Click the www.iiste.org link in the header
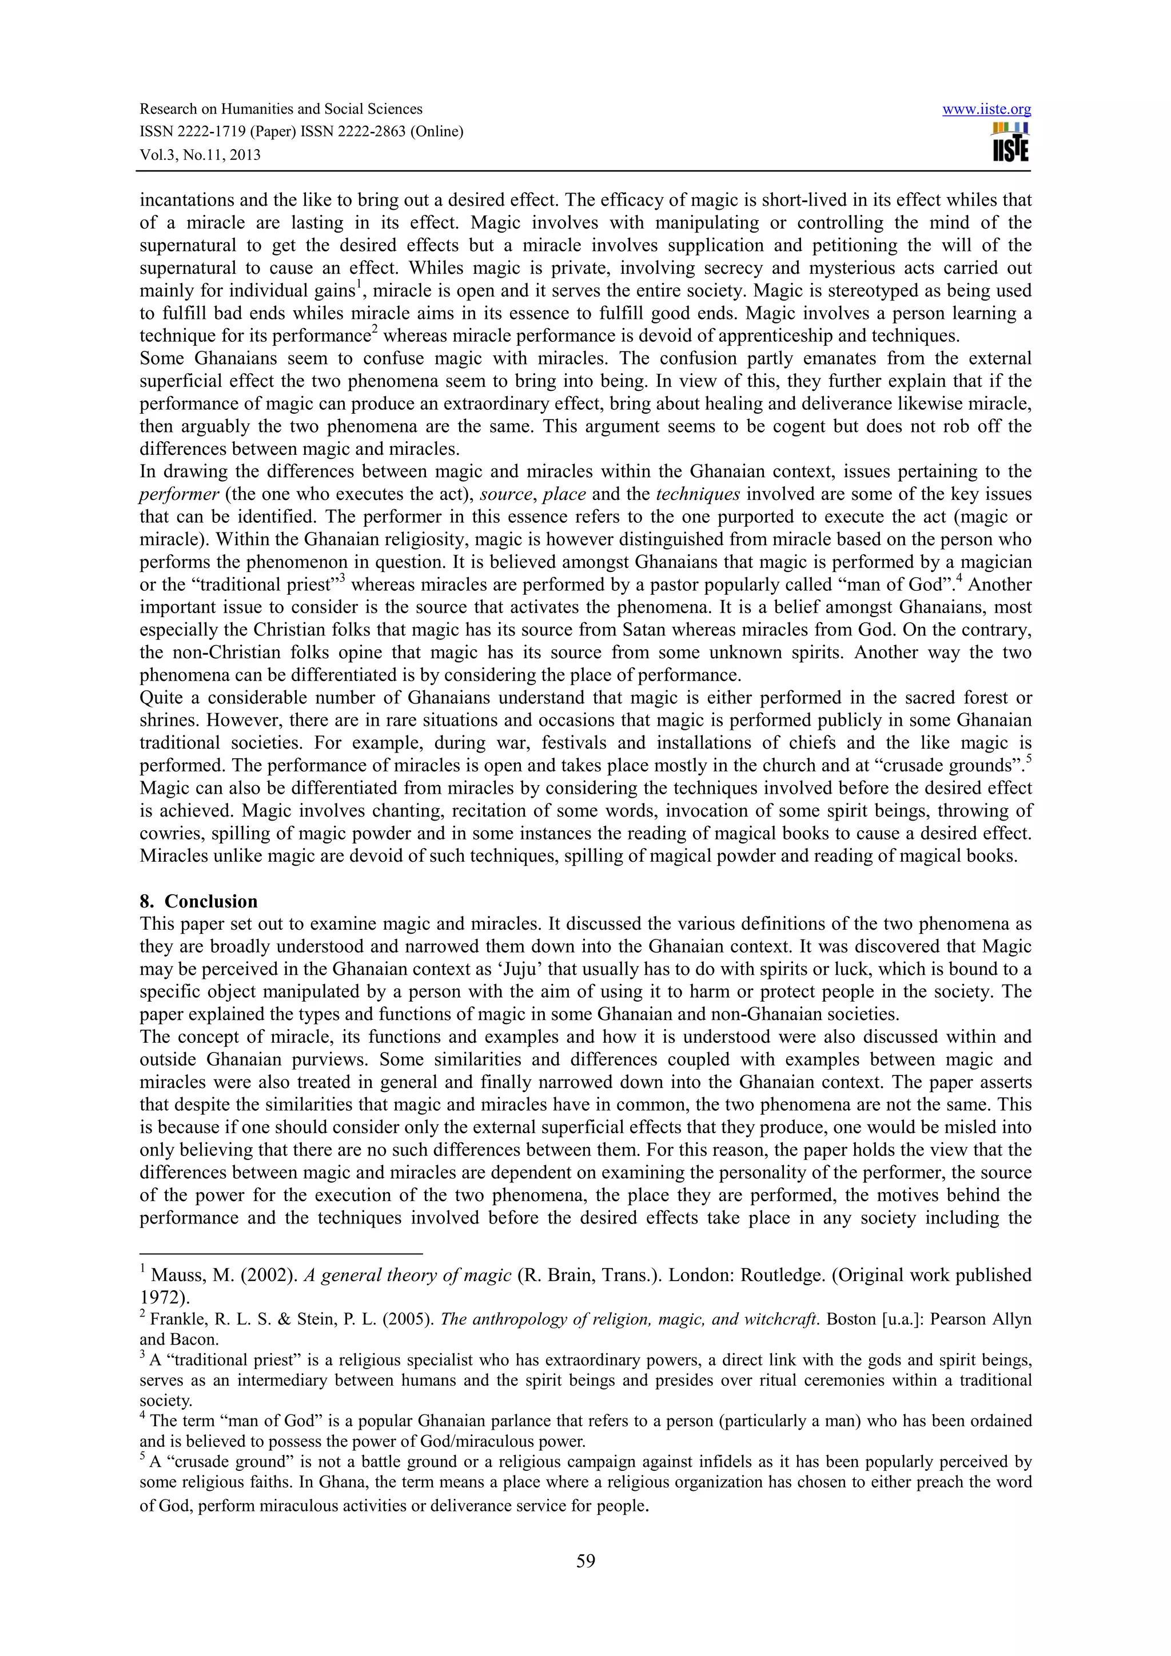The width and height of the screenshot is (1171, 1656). pyautogui.click(x=986, y=110)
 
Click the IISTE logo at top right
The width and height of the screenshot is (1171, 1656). pyautogui.click(x=1010, y=142)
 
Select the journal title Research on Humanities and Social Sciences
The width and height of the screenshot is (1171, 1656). pyautogui.click(x=281, y=109)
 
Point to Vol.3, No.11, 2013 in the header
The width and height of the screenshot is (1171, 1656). pyautogui.click(x=200, y=154)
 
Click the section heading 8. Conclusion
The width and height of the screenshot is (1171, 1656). pyautogui.click(x=198, y=902)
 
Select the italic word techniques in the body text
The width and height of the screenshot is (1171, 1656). pyautogui.click(x=698, y=495)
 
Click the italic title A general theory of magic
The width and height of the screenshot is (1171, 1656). pyautogui.click(x=408, y=1276)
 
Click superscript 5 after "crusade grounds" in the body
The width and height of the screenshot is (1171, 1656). pyautogui.click(x=1028, y=759)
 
